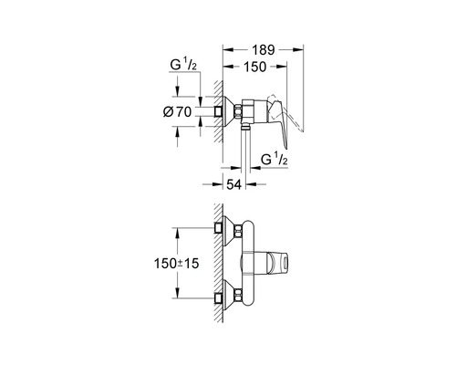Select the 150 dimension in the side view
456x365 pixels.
[255, 68]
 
